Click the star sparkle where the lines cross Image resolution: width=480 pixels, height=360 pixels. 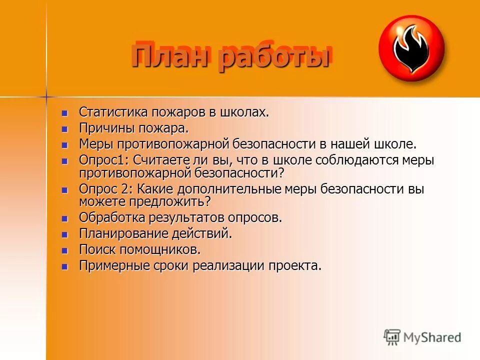pyautogui.click(x=46, y=95)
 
